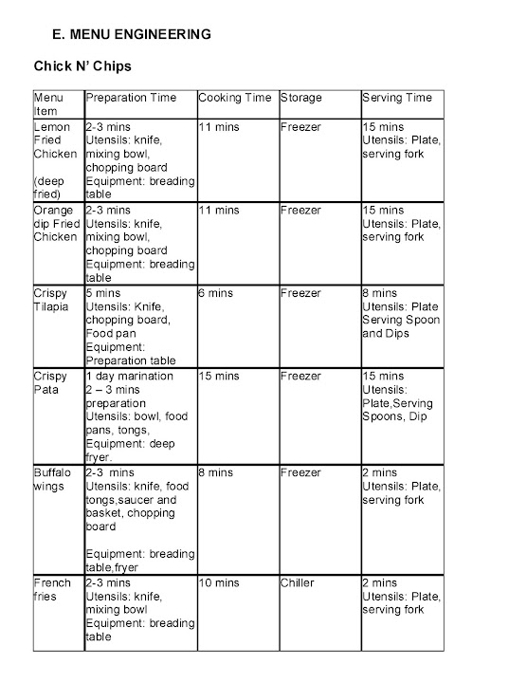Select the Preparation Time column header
click(x=131, y=98)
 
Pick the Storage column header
click(x=300, y=98)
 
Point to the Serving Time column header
click(x=397, y=98)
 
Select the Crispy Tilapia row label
click(x=50, y=301)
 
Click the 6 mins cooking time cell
click(x=216, y=294)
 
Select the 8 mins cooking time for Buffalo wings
click(x=216, y=472)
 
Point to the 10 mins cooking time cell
click(x=219, y=583)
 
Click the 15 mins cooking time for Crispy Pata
click(x=219, y=377)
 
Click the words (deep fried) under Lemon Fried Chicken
click(x=50, y=187)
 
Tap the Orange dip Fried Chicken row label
click(x=54, y=224)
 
